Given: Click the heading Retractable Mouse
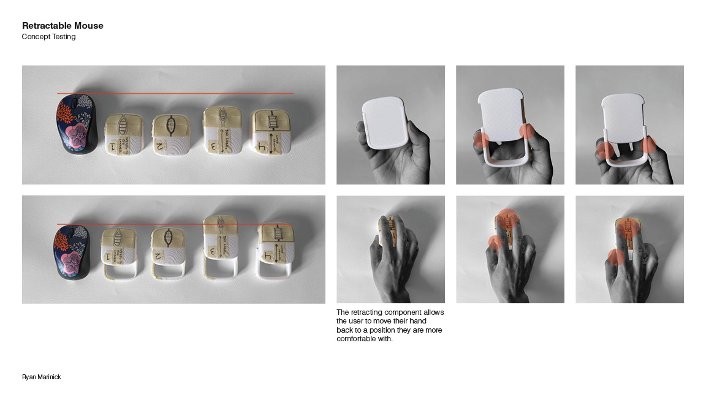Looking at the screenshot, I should click(63, 26).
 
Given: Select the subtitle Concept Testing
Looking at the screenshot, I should click(48, 37).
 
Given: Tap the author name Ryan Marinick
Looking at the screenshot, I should click(42, 377).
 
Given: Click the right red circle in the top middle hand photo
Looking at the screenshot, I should click(527, 132).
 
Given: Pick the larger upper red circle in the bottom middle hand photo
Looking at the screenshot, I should click(507, 217).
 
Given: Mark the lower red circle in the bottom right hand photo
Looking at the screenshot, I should click(615, 257).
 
